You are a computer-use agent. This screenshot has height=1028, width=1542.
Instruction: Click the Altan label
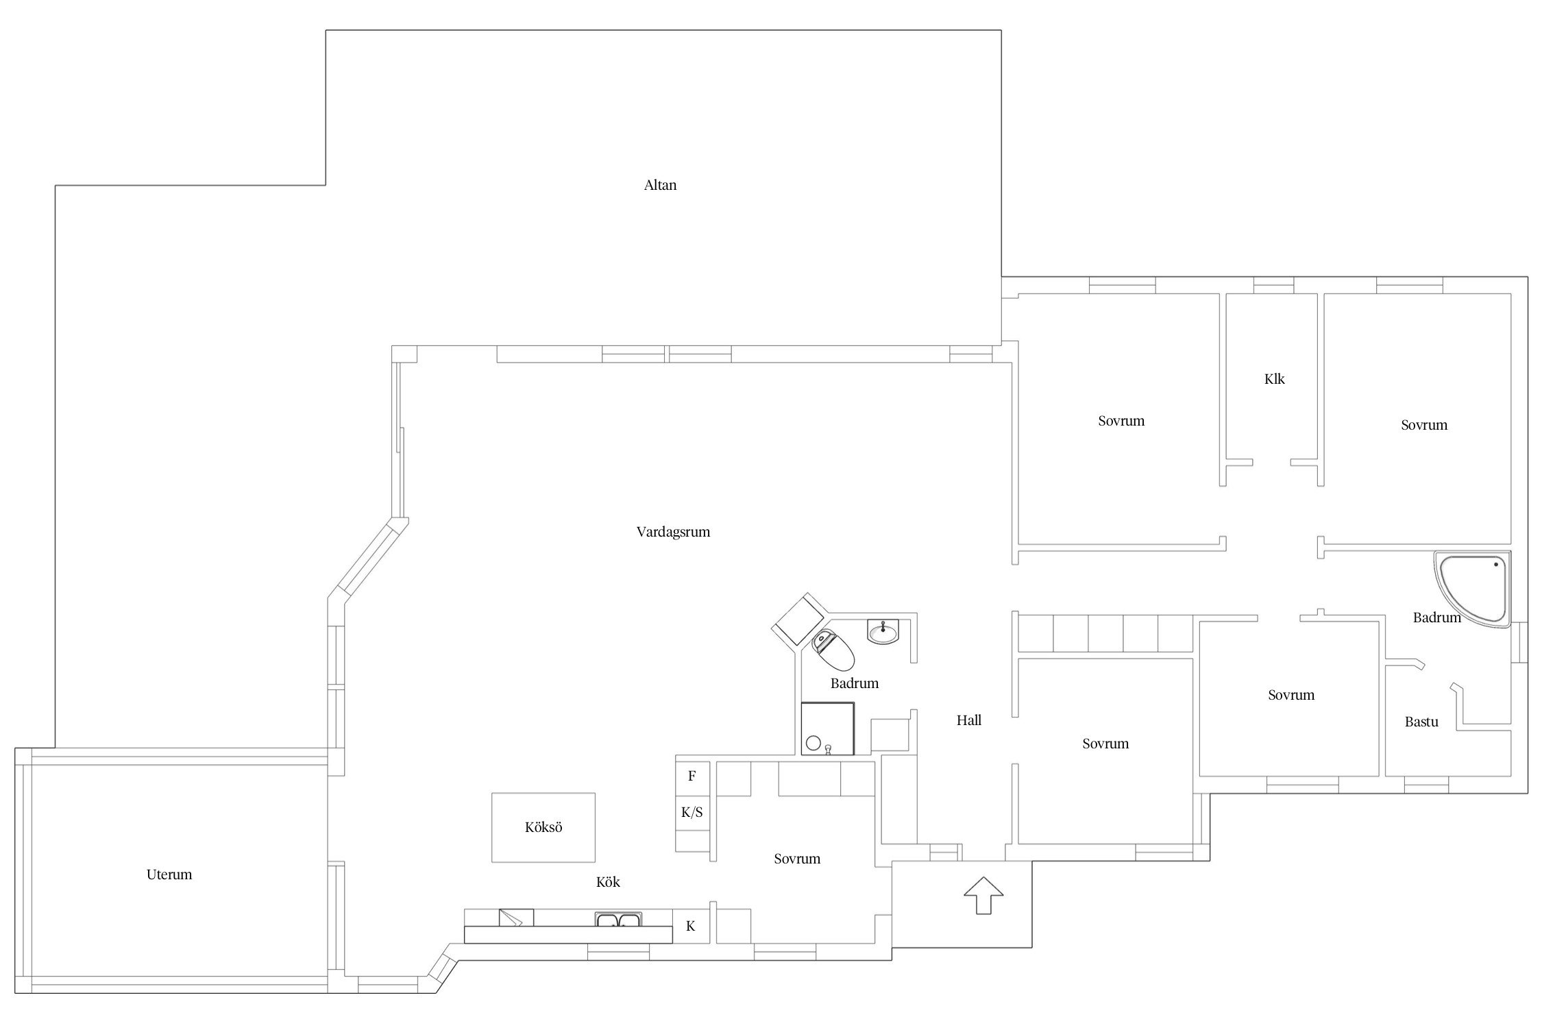(x=660, y=185)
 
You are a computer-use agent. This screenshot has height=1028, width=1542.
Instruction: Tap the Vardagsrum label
(x=673, y=532)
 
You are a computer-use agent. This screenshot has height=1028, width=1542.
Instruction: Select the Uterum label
(x=169, y=874)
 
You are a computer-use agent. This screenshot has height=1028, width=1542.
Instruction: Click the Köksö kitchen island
(x=543, y=827)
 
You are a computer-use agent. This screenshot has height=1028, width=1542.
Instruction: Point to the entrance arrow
(x=983, y=895)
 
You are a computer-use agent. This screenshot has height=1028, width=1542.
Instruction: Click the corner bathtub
(x=1472, y=589)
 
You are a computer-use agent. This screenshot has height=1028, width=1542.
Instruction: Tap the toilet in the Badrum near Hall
(x=833, y=650)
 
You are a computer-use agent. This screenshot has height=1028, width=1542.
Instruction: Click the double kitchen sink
(x=618, y=920)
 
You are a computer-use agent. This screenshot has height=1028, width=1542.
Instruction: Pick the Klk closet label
(x=1275, y=378)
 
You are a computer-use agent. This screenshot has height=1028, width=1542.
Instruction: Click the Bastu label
(x=1421, y=722)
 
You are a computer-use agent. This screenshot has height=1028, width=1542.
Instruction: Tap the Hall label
(x=969, y=720)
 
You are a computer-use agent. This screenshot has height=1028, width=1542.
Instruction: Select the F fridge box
(x=692, y=776)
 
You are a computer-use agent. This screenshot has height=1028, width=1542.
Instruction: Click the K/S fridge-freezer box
(x=692, y=813)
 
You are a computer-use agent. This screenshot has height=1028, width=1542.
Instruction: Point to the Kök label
(x=608, y=882)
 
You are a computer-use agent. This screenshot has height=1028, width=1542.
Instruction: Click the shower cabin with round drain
(x=828, y=729)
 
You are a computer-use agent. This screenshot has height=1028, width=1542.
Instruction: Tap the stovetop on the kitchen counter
(x=516, y=917)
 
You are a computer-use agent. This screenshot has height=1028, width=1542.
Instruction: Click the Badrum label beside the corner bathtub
(x=1437, y=617)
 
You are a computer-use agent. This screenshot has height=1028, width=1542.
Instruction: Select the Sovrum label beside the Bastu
(x=1291, y=695)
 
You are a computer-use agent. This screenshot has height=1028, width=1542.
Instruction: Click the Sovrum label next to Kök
(x=797, y=859)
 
